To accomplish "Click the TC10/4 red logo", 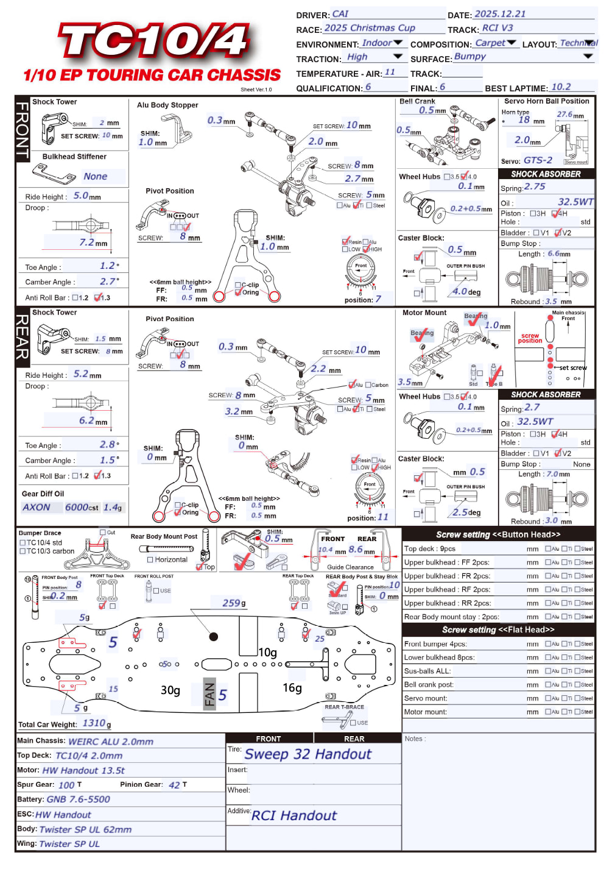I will click(x=153, y=41).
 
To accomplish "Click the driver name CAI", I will click(x=340, y=14).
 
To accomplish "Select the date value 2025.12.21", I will click(x=500, y=14).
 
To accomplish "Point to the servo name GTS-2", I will click(x=538, y=160).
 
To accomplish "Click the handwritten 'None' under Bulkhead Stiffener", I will click(x=96, y=177).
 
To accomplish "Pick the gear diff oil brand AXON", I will click(x=37, y=507).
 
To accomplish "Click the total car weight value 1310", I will click(x=94, y=723).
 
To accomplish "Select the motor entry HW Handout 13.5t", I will click(x=83, y=770).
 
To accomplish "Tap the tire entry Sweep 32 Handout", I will click(x=307, y=754).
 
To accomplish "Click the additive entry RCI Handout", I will click(x=294, y=816).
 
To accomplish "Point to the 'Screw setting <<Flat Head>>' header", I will click(x=498, y=630).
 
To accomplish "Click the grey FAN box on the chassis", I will click(x=209, y=694).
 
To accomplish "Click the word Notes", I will click(x=415, y=739).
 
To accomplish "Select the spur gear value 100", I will click(x=66, y=785).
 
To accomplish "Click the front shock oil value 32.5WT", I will click(x=575, y=202).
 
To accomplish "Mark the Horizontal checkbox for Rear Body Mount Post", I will click(x=150, y=559).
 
